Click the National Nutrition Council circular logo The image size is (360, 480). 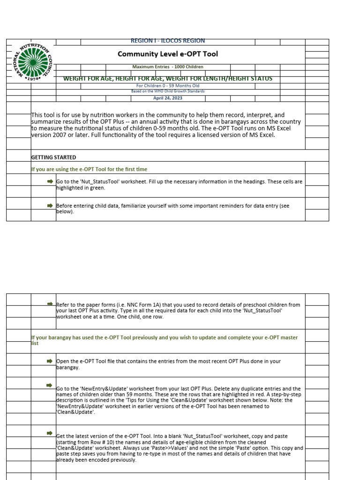(x=30, y=60)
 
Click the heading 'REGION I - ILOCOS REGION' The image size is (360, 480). (x=167, y=41)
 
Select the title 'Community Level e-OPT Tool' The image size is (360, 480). (x=167, y=54)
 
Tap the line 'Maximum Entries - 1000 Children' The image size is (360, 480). (x=167, y=67)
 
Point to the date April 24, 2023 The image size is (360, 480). (x=167, y=98)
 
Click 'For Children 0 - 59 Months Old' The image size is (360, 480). (x=167, y=86)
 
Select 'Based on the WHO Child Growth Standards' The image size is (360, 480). (x=167, y=91)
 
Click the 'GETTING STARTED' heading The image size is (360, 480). (x=53, y=157)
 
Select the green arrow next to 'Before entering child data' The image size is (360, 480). (x=50, y=205)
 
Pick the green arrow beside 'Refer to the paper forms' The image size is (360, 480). (x=50, y=304)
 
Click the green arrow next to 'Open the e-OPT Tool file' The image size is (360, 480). (x=50, y=361)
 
